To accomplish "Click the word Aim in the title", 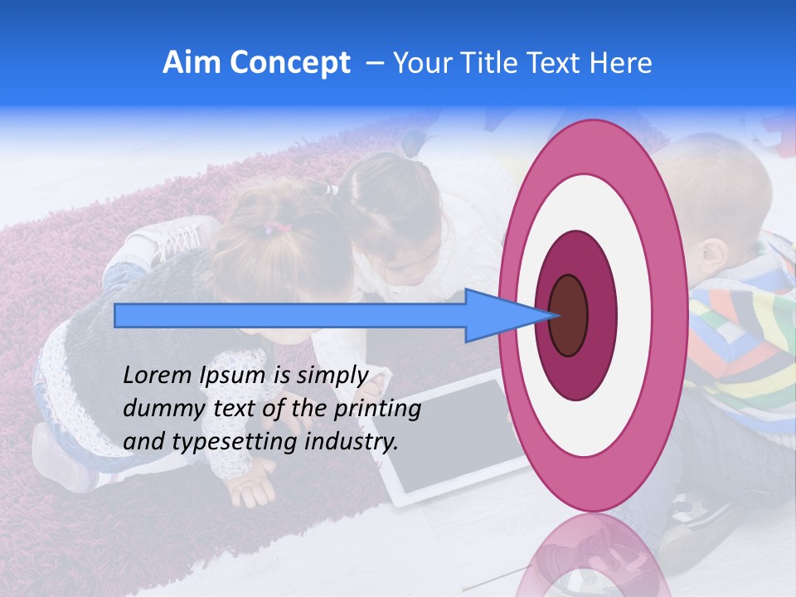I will coord(192,63).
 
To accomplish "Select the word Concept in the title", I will coord(289,63).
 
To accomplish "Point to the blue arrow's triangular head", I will coord(506,315).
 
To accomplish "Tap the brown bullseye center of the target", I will coord(568,315).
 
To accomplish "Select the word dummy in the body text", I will coord(161,409).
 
